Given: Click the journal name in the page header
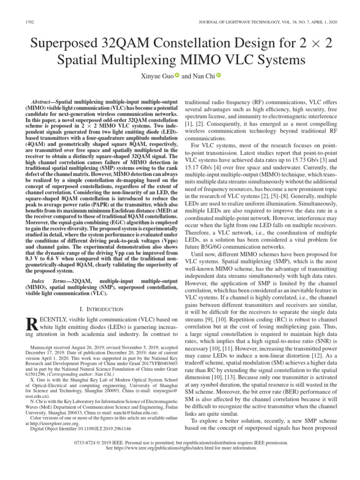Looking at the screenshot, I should pos(266,23).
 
